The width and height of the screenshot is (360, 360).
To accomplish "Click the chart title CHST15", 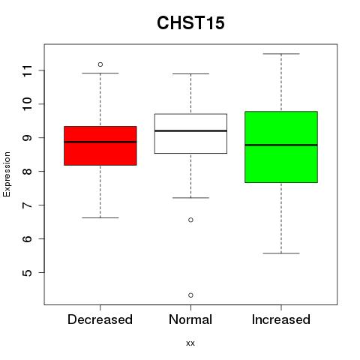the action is coord(190,22).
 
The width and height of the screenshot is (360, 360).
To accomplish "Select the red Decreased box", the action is coord(100,145).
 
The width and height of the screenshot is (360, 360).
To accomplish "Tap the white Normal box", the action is coord(190,133).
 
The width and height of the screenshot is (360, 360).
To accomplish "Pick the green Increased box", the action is coord(281,147).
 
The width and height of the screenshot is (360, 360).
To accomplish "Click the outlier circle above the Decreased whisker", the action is coord(100,64).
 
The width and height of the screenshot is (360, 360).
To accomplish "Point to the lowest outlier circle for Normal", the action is coord(190,295).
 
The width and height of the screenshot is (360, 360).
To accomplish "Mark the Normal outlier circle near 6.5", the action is coord(190,220).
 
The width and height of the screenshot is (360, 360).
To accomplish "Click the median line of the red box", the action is coord(100,142).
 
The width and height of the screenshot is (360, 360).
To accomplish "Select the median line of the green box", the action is coord(281,145).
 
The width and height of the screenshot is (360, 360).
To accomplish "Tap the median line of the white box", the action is coord(190,130).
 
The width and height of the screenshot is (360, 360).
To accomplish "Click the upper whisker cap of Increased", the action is coord(281,54).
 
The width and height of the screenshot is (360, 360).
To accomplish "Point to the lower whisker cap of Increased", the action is coord(281,253).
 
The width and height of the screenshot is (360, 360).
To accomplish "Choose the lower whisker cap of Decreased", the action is coord(100,217).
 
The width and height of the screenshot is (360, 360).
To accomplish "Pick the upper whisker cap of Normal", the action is coord(190,73).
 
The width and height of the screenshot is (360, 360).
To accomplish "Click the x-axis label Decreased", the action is coord(100,319).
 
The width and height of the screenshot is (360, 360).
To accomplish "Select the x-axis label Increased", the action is coord(281,319).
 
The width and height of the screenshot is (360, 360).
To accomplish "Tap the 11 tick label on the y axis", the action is coord(27,70).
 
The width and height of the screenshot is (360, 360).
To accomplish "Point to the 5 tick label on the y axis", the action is coord(27,272).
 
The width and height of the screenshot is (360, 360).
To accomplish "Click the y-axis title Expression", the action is coord(7,174).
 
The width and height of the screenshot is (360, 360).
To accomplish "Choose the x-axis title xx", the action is coord(190,343).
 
